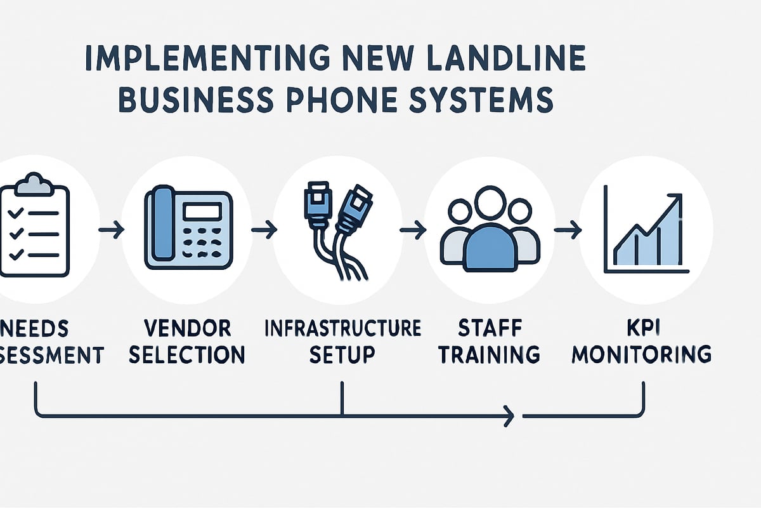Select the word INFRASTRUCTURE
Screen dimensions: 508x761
342,329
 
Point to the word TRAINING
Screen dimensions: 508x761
489,354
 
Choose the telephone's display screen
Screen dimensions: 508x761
201,211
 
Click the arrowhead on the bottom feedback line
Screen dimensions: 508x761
509,417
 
